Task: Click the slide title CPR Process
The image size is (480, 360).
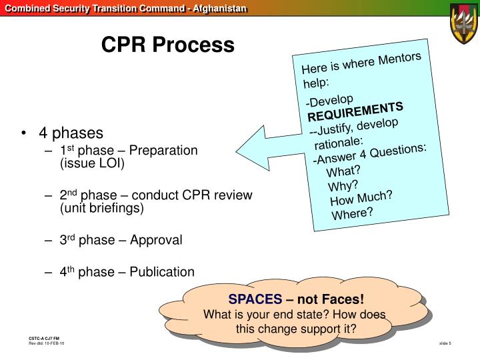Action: (167, 45)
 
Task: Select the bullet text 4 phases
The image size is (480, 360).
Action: (71, 133)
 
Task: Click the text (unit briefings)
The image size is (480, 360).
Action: (102, 208)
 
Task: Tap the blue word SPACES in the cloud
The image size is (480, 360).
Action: (255, 299)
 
